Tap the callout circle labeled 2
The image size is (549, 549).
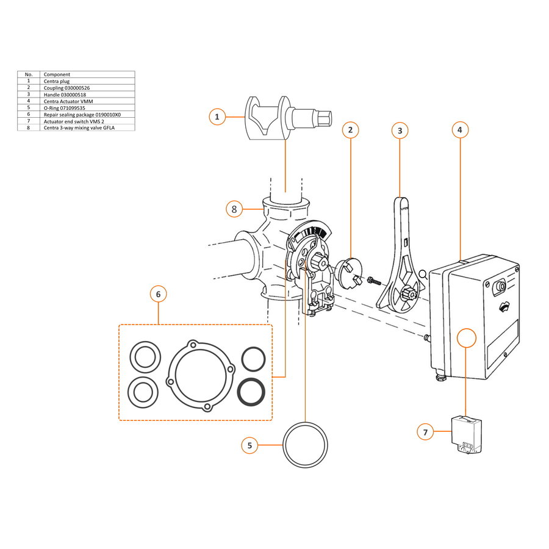[x=350, y=129]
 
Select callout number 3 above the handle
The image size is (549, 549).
[x=400, y=130]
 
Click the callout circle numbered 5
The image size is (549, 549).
[x=249, y=445]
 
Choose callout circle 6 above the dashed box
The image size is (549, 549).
[x=159, y=294]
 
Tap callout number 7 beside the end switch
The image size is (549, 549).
[x=426, y=432]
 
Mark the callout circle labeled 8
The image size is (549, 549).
[x=234, y=209]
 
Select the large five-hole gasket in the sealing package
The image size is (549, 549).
[x=200, y=373]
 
